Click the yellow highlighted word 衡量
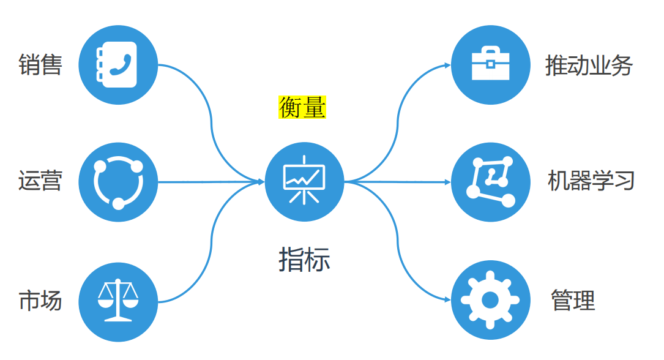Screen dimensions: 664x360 point(302,107)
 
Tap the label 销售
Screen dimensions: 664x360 point(40,64)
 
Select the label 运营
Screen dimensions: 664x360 point(40,181)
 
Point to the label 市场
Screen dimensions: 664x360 point(40,301)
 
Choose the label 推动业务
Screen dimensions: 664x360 point(589,66)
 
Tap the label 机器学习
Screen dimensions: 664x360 point(591,181)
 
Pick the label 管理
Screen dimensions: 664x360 point(573,301)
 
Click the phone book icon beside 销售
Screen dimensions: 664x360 point(118,64)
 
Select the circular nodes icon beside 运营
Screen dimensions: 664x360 point(118,182)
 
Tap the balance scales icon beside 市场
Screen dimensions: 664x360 point(118,301)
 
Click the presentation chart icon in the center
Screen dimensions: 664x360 point(304,182)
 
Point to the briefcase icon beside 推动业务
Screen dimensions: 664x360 point(490,64)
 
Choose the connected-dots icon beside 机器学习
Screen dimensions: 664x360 point(490,182)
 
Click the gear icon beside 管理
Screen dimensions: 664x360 point(490,300)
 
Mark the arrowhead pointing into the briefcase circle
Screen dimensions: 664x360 point(447,64)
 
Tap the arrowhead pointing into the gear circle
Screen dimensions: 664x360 point(447,299)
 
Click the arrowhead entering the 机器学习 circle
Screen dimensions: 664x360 point(447,182)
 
